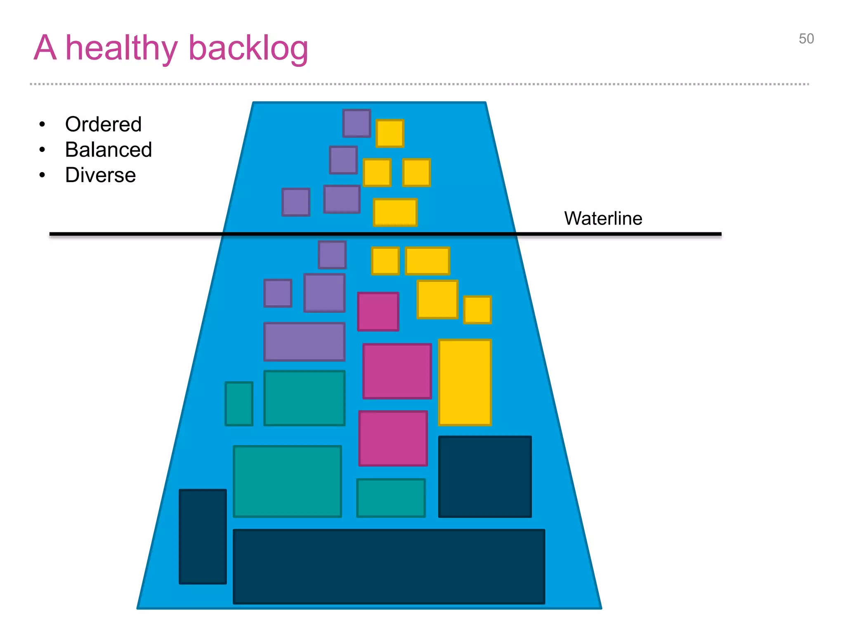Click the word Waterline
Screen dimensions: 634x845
click(x=603, y=218)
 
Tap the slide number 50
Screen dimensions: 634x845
click(x=806, y=39)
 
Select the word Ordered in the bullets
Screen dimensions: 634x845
click(x=103, y=124)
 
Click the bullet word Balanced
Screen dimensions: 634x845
click(x=109, y=149)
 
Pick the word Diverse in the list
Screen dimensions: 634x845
click(x=100, y=175)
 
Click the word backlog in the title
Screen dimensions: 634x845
click(x=248, y=49)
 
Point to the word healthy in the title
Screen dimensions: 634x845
click(x=121, y=49)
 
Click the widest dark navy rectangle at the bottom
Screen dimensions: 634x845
click(x=389, y=567)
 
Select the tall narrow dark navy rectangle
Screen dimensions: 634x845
click(x=203, y=537)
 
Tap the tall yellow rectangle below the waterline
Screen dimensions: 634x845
click(x=465, y=382)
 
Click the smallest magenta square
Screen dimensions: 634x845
click(x=378, y=312)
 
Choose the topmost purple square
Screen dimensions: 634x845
click(x=356, y=123)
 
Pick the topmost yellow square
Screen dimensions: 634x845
click(x=389, y=133)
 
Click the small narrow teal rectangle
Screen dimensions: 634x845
click(x=239, y=404)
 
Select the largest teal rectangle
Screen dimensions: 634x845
click(x=287, y=481)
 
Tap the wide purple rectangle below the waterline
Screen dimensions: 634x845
click(x=304, y=342)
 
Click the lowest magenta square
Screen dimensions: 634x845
click(x=393, y=438)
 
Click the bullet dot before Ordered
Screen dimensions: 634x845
click(x=42, y=124)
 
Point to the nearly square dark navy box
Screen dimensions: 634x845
click(x=485, y=477)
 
